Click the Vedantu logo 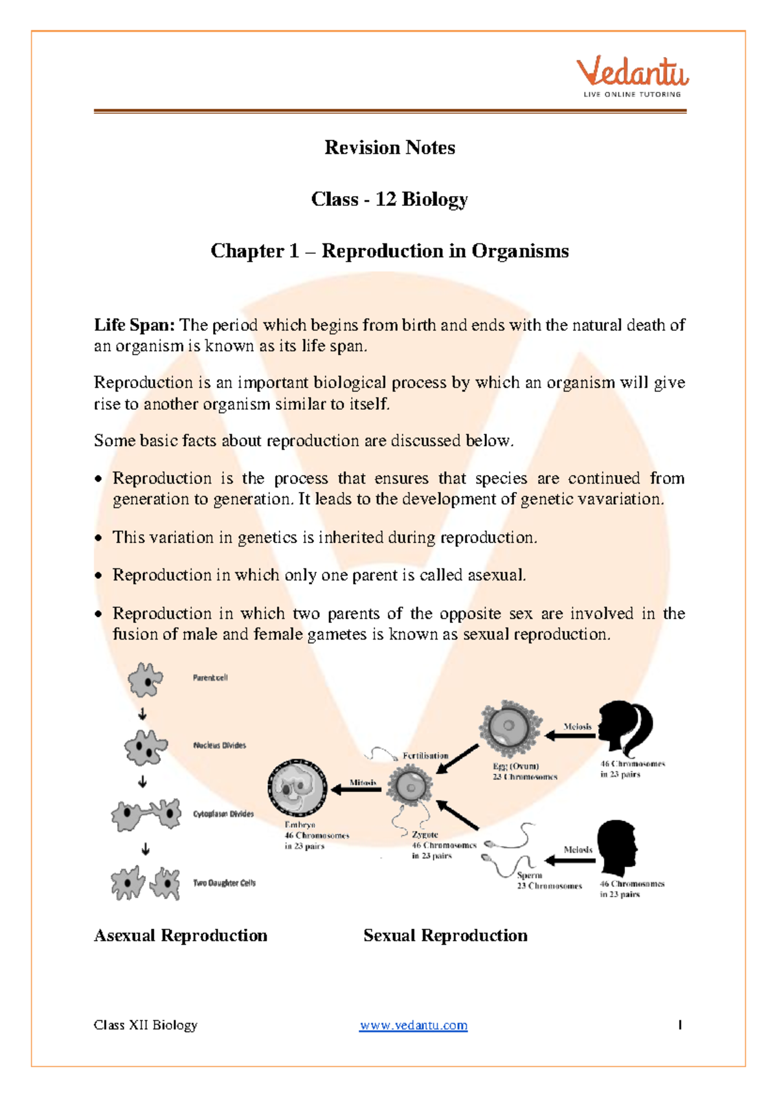[x=633, y=76]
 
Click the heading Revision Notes [x=389, y=148]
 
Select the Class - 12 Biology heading [x=389, y=199]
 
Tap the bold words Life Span [x=134, y=325]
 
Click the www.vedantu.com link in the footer [x=413, y=1025]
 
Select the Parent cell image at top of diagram [x=145, y=680]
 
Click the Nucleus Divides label [x=220, y=745]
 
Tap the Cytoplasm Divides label [x=223, y=814]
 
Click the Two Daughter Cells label [x=224, y=883]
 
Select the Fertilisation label [x=425, y=756]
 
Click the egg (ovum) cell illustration [x=510, y=728]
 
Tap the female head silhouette [x=624, y=728]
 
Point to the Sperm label [x=529, y=875]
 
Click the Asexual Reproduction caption [x=181, y=936]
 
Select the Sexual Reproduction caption [x=445, y=936]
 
